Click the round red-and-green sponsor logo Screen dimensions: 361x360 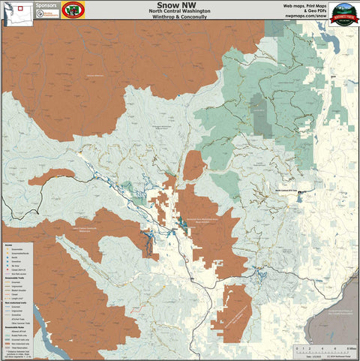[x=73, y=11]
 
